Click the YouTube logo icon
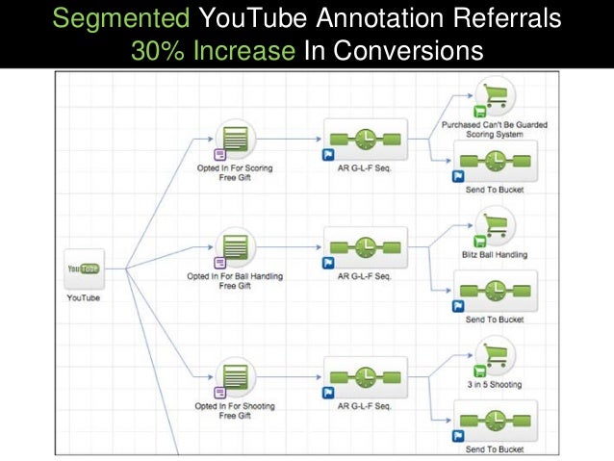pyautogui.click(x=82, y=269)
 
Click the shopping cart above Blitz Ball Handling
pyautogui.click(x=494, y=226)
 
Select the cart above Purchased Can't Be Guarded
pyautogui.click(x=494, y=96)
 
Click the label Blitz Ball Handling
pyautogui.click(x=495, y=254)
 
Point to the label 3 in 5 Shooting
pyautogui.click(x=495, y=385)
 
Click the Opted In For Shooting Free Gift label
pyautogui.click(x=234, y=411)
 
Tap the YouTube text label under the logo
pyautogui.click(x=83, y=297)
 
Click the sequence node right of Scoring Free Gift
pyautogui.click(x=366, y=141)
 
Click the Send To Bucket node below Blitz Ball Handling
pyautogui.click(x=494, y=292)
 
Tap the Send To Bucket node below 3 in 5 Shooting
pyautogui.click(x=494, y=422)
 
